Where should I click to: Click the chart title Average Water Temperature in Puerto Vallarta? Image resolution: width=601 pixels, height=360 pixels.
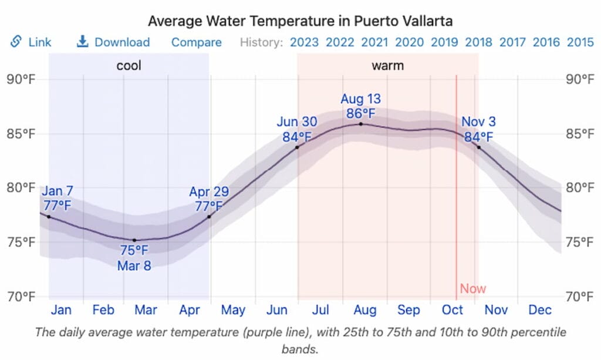[300, 21]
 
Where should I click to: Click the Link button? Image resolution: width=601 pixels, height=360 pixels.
[32, 42]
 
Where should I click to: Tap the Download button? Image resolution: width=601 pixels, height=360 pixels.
[114, 42]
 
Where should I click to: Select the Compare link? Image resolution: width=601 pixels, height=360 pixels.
[196, 42]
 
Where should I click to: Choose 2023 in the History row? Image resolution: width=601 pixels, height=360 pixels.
[304, 42]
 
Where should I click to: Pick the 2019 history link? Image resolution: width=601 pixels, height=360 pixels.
[444, 42]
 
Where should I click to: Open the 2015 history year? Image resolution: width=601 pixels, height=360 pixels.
[580, 42]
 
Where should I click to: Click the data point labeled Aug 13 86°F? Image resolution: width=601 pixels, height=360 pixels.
[360, 124]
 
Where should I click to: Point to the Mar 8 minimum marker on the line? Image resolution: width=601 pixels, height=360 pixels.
[134, 240]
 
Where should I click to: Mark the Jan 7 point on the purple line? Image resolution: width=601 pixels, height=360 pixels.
[49, 217]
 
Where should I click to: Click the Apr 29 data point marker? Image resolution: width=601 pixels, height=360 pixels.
[209, 217]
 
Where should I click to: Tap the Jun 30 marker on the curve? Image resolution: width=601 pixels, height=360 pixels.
[297, 147]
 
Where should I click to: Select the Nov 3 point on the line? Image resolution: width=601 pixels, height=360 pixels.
[478, 147]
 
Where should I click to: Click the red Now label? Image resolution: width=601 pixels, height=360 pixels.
[472, 288]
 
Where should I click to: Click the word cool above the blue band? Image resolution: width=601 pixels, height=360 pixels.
[129, 65]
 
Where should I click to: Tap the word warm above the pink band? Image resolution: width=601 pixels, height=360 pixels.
[387, 65]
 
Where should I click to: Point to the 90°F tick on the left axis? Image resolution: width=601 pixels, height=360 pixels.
[21, 79]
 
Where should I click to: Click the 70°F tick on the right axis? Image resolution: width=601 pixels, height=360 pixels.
[580, 295]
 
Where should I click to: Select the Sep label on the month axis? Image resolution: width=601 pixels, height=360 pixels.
[408, 309]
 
